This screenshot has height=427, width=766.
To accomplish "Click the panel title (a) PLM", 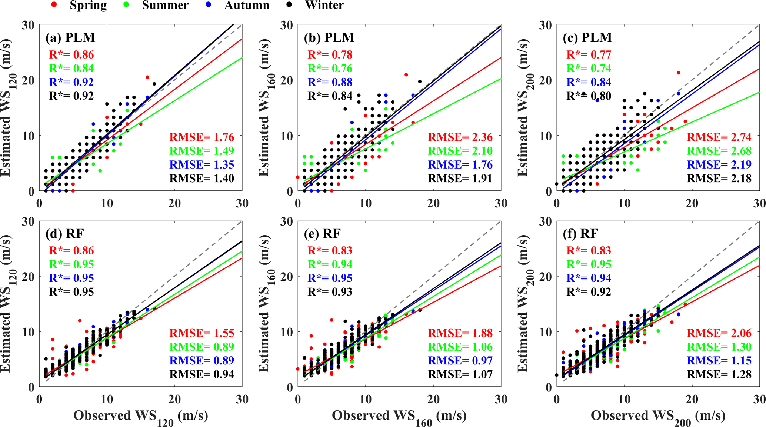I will click(x=70, y=37).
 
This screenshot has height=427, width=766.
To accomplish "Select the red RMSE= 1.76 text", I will click(x=202, y=137).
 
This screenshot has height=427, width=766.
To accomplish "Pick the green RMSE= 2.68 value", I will click(x=719, y=151).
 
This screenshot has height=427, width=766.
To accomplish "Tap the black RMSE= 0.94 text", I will click(x=202, y=374).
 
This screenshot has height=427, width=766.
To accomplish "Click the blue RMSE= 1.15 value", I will click(x=719, y=360).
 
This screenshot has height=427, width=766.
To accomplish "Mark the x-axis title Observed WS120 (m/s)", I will click(x=140, y=416).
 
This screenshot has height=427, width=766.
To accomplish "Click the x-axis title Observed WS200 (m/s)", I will click(x=658, y=416).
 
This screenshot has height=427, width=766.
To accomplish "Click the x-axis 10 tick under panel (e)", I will click(x=366, y=399).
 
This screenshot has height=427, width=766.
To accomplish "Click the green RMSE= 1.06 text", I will click(x=460, y=347).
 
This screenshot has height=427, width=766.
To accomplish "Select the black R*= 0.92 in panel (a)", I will click(x=71, y=96).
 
